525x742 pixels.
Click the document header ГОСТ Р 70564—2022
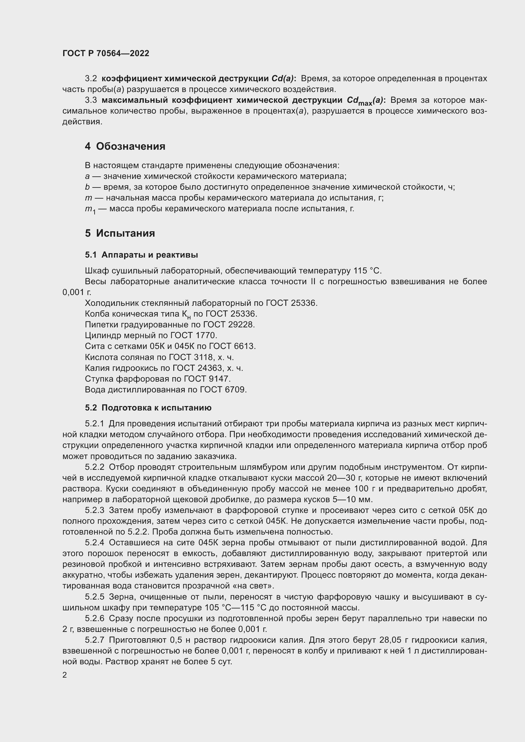pyautogui.click(x=106, y=54)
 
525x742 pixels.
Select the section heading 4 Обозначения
pyautogui.click(x=125, y=146)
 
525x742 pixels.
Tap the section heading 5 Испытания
pyautogui.click(x=120, y=233)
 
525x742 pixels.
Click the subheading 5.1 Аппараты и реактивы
pyautogui.click(x=142, y=255)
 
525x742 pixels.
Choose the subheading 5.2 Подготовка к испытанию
pyautogui.click(x=148, y=408)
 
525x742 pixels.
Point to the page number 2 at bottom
pyautogui.click(x=65, y=675)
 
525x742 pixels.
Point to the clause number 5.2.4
pyautogui.click(x=95, y=543)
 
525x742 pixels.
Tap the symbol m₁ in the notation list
pyautogui.click(x=90, y=209)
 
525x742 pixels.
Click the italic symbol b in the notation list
pyautogui.click(x=87, y=187)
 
